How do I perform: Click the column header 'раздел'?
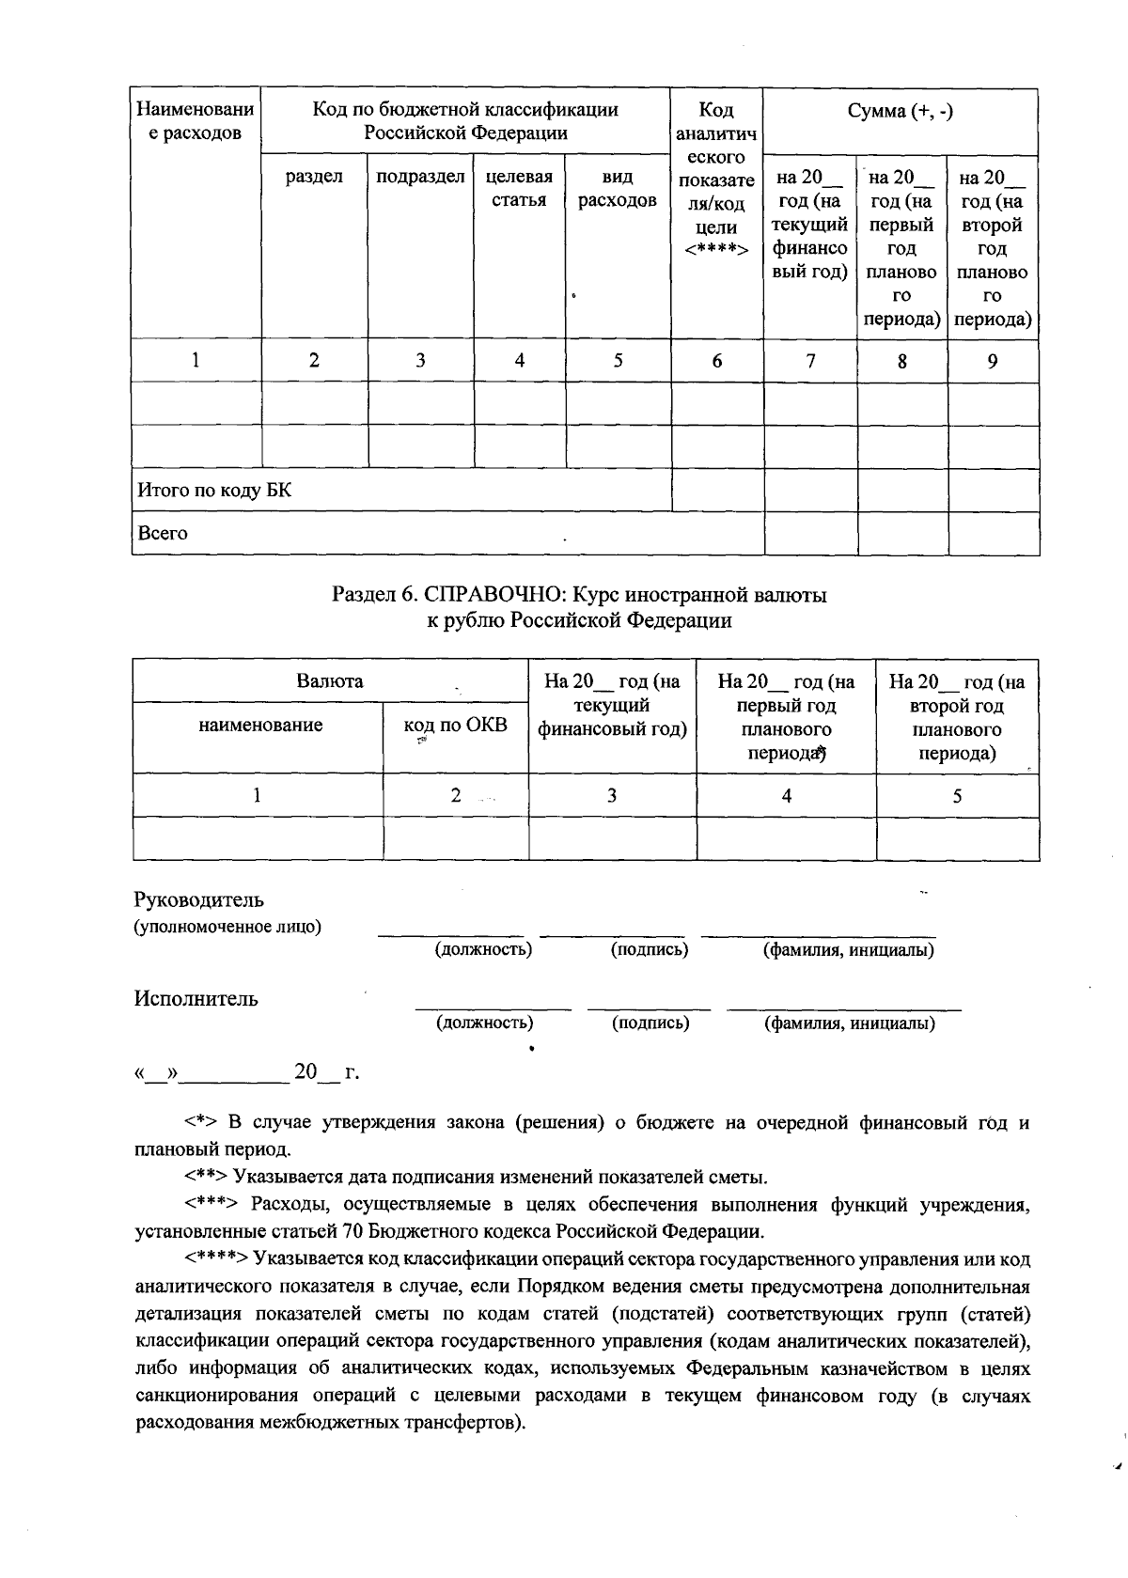[314, 177]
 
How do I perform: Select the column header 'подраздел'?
[420, 177]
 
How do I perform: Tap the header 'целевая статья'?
[519, 188]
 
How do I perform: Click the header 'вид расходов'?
[618, 188]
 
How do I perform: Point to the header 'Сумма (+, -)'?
[901, 111]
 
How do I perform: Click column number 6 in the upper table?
[716, 360]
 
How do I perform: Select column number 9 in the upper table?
[993, 360]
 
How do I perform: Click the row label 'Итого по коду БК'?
[214, 491]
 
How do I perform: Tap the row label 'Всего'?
[163, 533]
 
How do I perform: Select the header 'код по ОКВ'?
[455, 725]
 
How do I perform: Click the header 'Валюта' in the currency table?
[330, 680]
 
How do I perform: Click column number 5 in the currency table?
[957, 795]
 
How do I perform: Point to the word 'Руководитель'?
[199, 900]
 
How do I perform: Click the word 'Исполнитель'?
[196, 998]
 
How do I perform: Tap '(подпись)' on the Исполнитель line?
[650, 1023]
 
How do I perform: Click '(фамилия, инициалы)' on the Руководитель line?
[848, 949]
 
